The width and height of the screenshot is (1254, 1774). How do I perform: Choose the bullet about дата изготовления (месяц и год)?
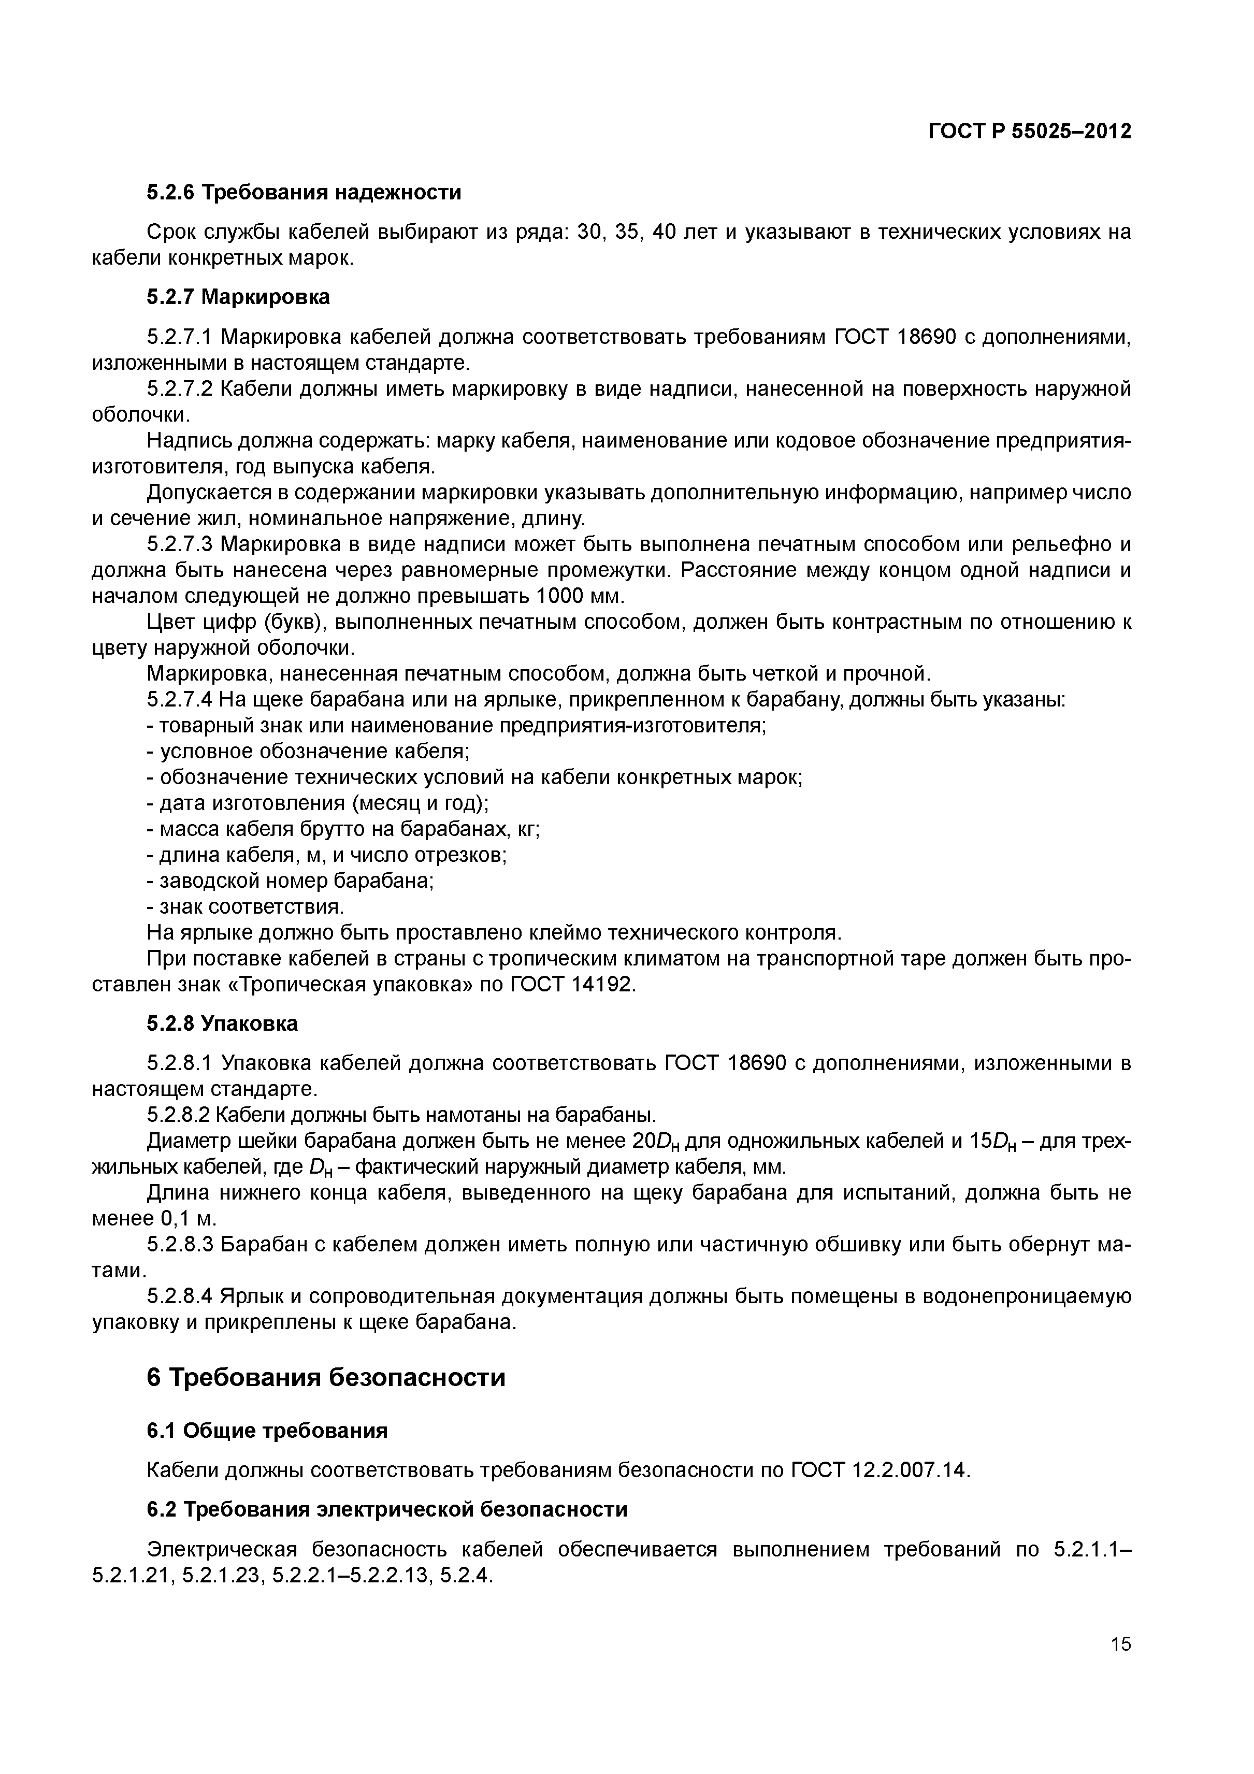coord(318,803)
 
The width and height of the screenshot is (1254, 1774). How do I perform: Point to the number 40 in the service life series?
coord(665,232)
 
